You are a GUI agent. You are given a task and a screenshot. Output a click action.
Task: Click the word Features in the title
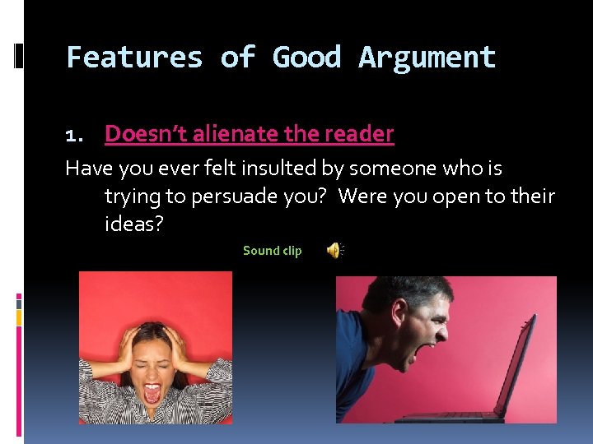click(x=134, y=58)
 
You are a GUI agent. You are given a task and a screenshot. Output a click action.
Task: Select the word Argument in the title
click(x=427, y=58)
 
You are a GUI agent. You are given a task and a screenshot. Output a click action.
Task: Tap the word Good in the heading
click(x=306, y=58)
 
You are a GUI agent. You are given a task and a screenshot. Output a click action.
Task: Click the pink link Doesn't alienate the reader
click(x=249, y=133)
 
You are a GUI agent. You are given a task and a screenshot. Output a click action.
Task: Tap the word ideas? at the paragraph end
click(x=134, y=224)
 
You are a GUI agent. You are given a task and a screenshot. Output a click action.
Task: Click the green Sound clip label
click(x=272, y=251)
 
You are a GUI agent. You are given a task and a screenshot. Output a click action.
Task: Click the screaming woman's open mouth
click(x=152, y=392)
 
